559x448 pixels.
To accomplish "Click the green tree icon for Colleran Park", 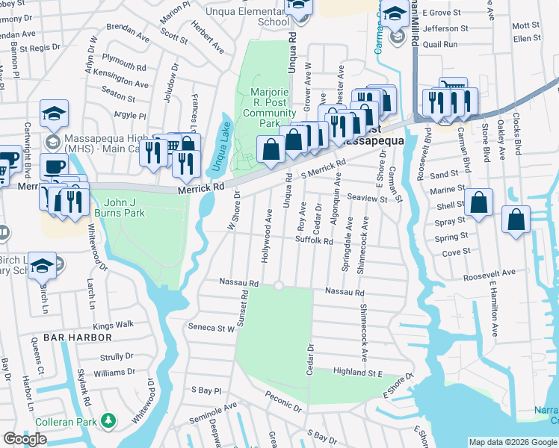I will pos(111,421).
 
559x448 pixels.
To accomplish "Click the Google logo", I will pos(25,439).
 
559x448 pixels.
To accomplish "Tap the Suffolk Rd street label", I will pos(314,241).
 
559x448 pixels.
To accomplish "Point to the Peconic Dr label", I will pos(282,404).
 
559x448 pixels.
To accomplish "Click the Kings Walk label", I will pos(113,325).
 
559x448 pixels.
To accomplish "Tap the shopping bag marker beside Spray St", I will pos(478,202).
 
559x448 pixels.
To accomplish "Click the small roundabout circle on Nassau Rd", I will pos(279,285).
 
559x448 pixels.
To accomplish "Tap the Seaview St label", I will pos(367,198).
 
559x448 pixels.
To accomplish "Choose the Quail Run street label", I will pos(438,44).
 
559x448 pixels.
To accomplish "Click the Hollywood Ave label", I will pos(265,235).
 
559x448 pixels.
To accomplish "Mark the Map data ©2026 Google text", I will pos(513,442).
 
